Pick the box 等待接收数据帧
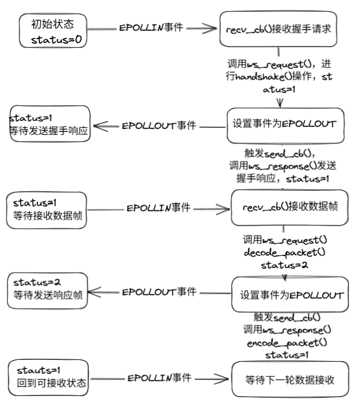[x=49, y=209]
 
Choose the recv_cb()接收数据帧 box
[x=290, y=208]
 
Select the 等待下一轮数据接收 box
[x=290, y=379]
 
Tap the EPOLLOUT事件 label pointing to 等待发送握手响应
[x=159, y=126]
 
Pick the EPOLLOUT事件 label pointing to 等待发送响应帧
[x=159, y=291]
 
